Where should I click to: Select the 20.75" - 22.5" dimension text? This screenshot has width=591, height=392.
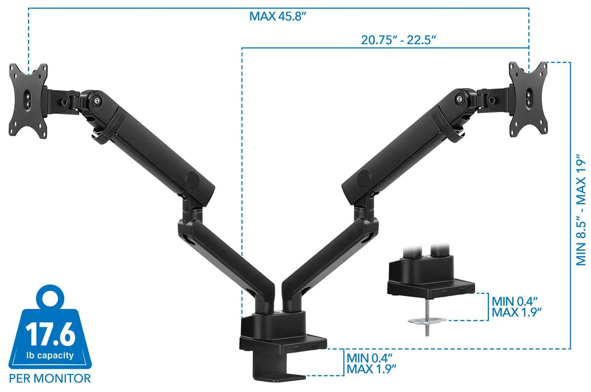pos(398,40)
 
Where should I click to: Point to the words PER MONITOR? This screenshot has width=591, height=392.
pos(50,378)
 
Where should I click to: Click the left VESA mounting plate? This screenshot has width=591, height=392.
pos(28,100)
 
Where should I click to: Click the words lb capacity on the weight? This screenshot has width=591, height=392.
pos(50,355)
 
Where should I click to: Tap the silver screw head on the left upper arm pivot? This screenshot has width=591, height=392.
pos(99,101)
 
